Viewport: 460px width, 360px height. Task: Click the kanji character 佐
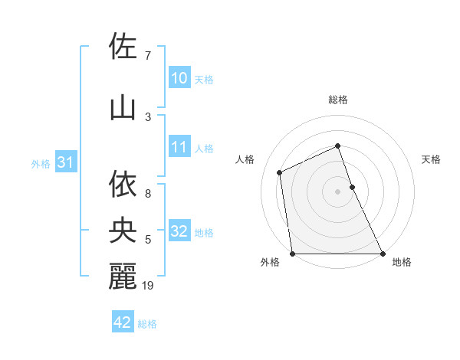coord(123,47)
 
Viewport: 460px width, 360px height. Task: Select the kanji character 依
coord(123,184)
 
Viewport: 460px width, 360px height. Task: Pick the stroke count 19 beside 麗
coord(149,286)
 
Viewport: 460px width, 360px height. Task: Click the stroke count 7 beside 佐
coord(148,56)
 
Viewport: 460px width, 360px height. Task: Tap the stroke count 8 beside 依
coord(148,184)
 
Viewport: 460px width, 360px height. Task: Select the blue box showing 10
coord(179,78)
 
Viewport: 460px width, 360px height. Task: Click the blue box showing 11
coord(179,147)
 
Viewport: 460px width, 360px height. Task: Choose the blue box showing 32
coord(179,231)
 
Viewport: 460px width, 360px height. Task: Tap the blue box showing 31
coord(65,162)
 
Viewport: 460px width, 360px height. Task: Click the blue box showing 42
coord(122,322)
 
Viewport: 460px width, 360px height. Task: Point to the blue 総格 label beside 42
coord(147,324)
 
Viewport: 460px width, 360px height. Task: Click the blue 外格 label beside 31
coord(41,163)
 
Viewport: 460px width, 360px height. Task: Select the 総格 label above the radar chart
coord(337,100)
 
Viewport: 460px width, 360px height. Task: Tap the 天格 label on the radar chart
coord(431,159)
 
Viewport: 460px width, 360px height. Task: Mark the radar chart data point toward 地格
coord(383,254)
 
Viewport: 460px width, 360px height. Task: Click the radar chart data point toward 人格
coord(280,172)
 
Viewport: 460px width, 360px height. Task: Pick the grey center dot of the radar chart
coord(337,191)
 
